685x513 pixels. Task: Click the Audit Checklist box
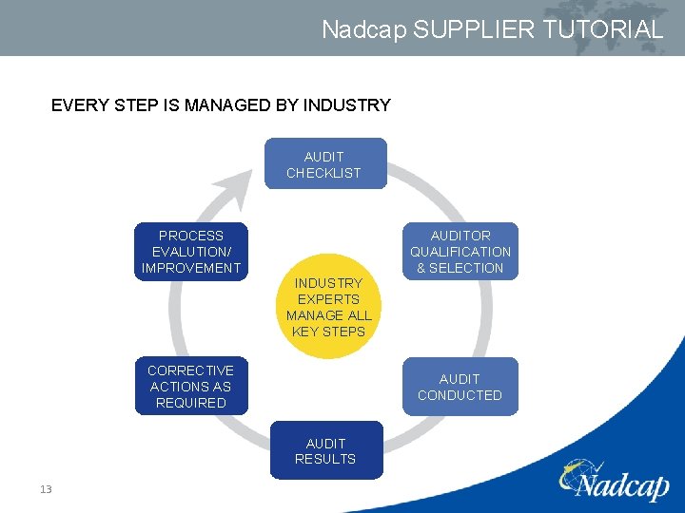(x=324, y=163)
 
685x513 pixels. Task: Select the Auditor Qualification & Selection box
(x=460, y=252)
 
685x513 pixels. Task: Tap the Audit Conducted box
(x=460, y=387)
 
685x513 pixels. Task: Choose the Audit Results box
(x=325, y=450)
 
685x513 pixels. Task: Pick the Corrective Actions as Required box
(x=190, y=387)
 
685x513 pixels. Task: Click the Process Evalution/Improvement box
(x=190, y=252)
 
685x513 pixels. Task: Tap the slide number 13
(x=46, y=489)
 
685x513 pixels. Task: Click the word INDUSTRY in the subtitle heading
(x=346, y=105)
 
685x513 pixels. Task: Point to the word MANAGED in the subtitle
(x=212, y=105)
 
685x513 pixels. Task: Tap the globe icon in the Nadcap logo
(x=579, y=471)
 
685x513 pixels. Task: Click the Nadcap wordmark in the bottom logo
(x=623, y=485)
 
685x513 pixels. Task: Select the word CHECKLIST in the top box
(x=323, y=173)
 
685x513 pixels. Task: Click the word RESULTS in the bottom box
(x=325, y=459)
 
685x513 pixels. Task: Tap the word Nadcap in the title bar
(x=364, y=29)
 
